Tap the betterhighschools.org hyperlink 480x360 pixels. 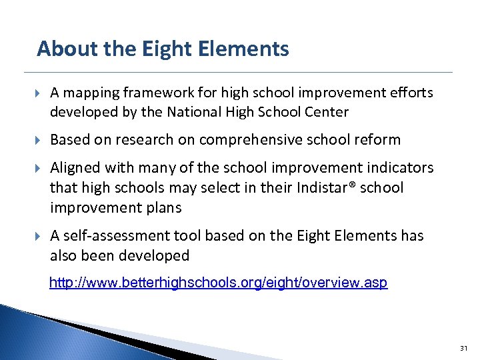[x=218, y=283]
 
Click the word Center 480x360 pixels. [x=326, y=112]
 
